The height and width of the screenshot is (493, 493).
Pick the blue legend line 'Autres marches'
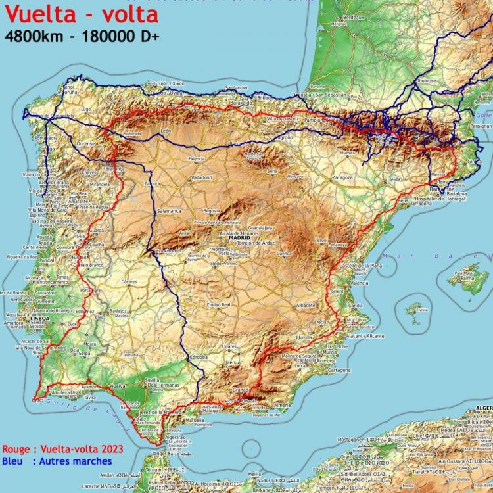click(x=57, y=461)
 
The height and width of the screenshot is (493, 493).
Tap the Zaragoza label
click(x=342, y=177)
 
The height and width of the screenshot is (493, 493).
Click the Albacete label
click(x=306, y=306)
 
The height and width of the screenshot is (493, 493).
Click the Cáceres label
click(x=128, y=281)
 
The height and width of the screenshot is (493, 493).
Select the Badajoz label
click(x=118, y=310)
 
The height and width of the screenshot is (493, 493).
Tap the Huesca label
click(x=348, y=153)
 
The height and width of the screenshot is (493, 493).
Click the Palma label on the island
click(x=467, y=279)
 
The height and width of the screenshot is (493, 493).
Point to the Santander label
click(x=236, y=87)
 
